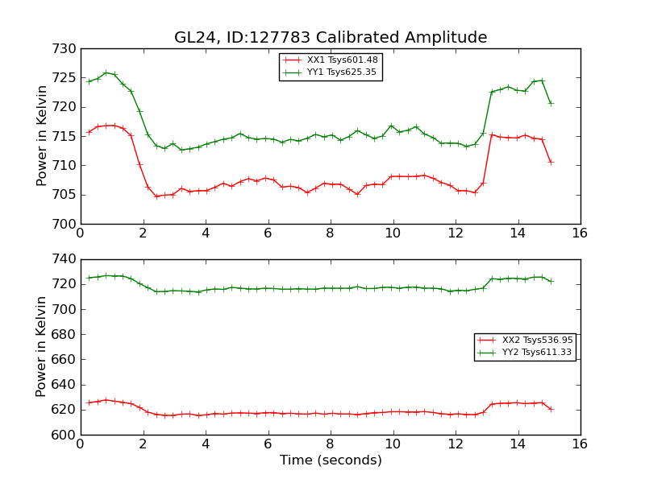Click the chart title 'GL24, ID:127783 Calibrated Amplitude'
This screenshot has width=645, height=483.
click(x=331, y=38)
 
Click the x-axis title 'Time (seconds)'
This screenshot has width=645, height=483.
click(x=331, y=460)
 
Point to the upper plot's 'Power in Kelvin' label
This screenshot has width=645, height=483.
click(x=43, y=135)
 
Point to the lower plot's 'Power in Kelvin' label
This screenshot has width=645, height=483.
click(x=43, y=346)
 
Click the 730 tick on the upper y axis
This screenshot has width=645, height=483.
click(x=67, y=49)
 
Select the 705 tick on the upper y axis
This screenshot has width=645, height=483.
click(x=67, y=195)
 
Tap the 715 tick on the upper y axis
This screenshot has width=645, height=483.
click(x=67, y=137)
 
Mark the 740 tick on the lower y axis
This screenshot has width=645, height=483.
click(x=67, y=260)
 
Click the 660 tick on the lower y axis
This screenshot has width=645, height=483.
click(x=67, y=360)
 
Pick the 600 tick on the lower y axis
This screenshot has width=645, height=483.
click(x=67, y=436)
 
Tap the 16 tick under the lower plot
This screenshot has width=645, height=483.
click(x=580, y=443)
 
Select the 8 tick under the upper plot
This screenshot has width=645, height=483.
click(x=330, y=233)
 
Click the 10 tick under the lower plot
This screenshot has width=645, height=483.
click(x=393, y=443)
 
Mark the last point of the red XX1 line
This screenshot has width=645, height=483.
click(x=551, y=162)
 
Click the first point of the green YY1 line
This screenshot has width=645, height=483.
click(x=89, y=81)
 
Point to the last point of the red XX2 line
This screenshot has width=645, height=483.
click(x=551, y=409)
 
